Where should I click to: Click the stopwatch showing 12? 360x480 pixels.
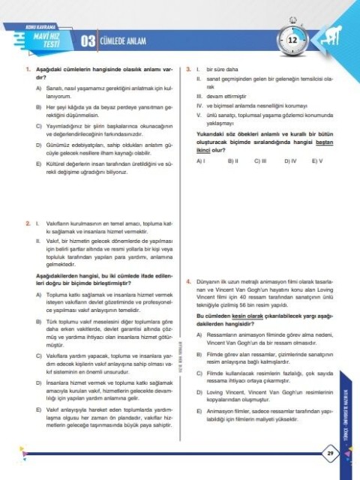pyautogui.click(x=293, y=38)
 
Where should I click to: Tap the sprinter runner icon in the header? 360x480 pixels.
pyautogui.click(x=334, y=38)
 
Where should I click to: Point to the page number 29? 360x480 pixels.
pyautogui.click(x=330, y=454)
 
